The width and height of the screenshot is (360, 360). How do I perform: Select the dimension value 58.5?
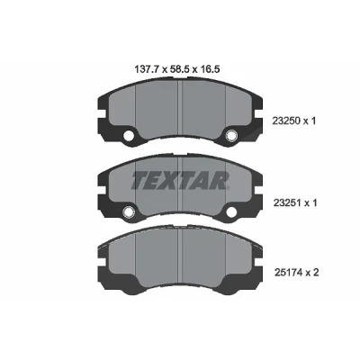[x=178, y=70]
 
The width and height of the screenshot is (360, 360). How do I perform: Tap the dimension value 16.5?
[x=210, y=70]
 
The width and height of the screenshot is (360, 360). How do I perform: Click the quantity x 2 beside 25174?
[x=312, y=273]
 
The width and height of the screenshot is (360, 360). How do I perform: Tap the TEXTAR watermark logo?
[x=180, y=180]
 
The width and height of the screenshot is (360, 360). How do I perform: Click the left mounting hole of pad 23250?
[x=129, y=136]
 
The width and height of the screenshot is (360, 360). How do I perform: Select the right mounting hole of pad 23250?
[x=230, y=136]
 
